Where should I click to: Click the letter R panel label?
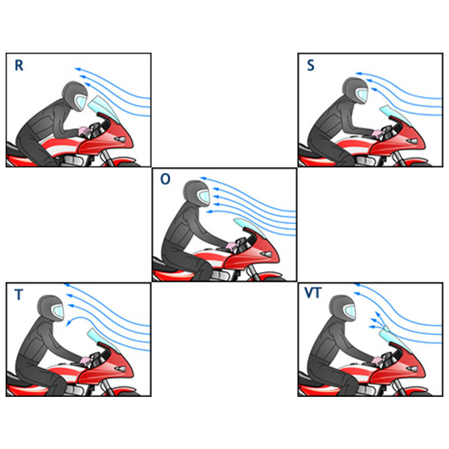click(x=19, y=65)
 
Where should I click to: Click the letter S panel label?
click(x=311, y=65)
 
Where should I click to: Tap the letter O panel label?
click(x=165, y=179)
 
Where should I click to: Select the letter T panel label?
click(x=19, y=294)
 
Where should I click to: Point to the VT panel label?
click(x=313, y=293)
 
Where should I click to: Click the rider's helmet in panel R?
click(x=75, y=96)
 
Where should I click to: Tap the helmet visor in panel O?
click(x=205, y=197)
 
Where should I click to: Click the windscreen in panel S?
click(x=396, y=114)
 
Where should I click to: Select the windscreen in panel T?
click(x=103, y=340)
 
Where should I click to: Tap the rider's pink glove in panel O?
click(x=232, y=246)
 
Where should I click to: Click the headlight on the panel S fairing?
click(x=413, y=141)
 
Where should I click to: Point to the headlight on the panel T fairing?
click(x=121, y=369)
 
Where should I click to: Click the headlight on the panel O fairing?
click(x=266, y=254)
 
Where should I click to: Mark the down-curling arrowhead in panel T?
click(x=68, y=323)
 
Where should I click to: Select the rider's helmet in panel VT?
click(x=342, y=308)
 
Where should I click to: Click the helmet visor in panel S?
click(x=362, y=95)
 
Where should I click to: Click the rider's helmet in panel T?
click(x=51, y=308)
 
